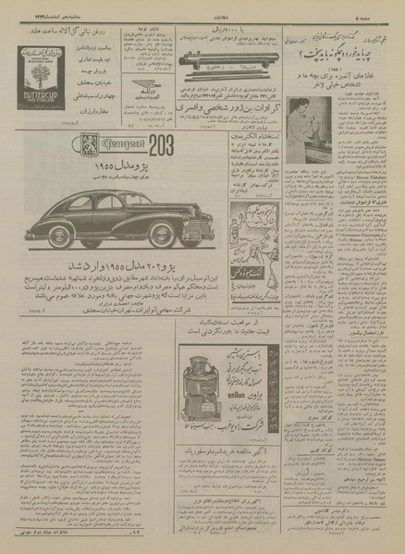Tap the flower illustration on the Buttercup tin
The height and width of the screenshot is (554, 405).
point(37,68)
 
